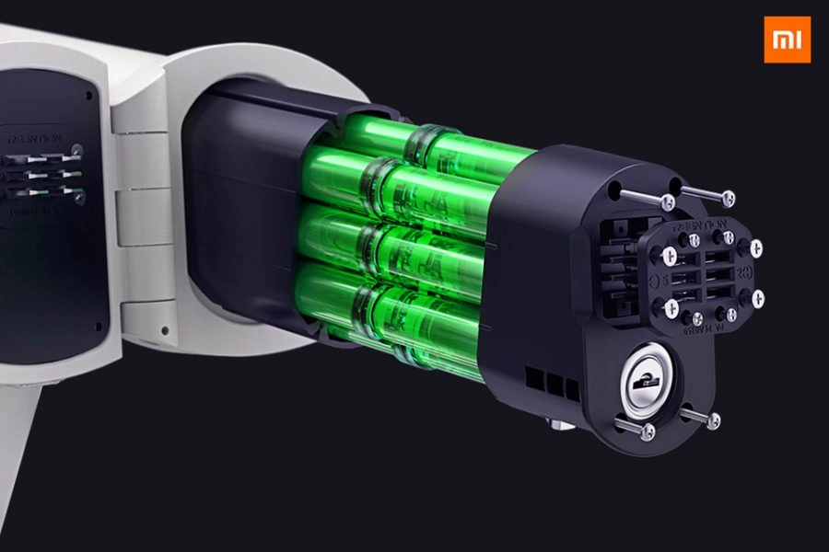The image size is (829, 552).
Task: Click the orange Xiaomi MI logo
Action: [788, 40]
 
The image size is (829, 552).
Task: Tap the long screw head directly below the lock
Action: [648, 431]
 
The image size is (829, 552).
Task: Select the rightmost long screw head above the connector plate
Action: [728, 197]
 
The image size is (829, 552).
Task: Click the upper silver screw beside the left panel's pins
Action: [77, 150]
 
